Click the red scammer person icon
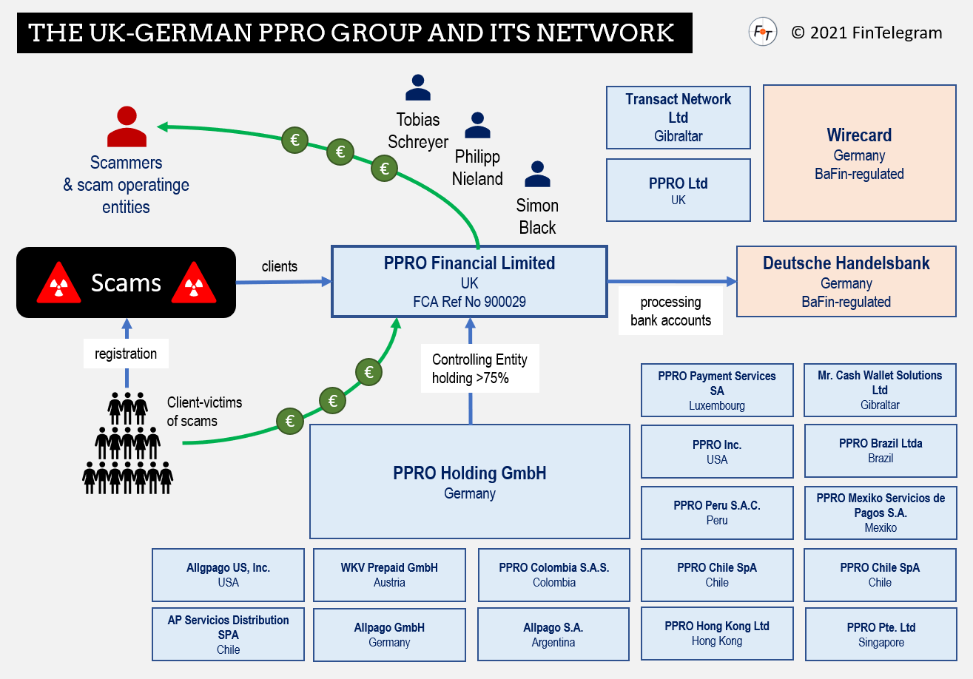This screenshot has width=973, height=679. point(127,127)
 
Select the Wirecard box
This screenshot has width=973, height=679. point(858,153)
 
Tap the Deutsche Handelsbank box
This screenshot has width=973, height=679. point(846,282)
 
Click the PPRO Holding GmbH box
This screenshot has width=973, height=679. point(469,481)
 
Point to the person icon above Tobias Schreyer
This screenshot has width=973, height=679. point(418,87)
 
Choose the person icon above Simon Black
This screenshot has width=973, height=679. point(537,175)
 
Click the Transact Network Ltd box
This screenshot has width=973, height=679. point(678,117)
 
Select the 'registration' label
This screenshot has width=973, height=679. point(126,354)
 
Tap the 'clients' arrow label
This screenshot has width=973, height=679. point(280,266)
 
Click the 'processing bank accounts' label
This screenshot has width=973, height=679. point(670,311)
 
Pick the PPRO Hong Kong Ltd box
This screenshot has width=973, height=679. point(716,633)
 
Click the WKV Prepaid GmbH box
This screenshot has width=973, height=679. point(389,575)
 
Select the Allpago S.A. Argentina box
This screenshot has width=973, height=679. point(553,634)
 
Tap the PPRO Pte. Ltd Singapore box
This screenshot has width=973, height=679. point(881,634)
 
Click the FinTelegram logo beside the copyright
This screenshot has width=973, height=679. point(762,32)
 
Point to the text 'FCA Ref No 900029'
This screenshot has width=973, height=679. point(469,302)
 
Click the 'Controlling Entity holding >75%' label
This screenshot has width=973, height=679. point(479,368)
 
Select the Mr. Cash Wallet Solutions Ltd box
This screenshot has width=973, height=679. point(879,389)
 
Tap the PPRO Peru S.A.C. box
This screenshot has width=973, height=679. point(716,513)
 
